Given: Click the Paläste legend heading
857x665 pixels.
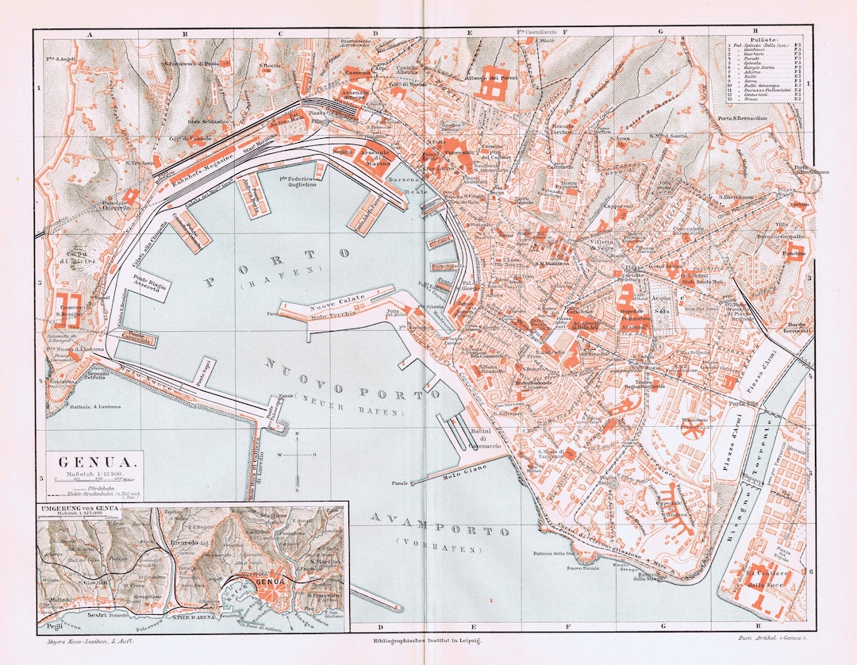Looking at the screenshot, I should point(763,38).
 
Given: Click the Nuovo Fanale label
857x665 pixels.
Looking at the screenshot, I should point(582,568).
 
